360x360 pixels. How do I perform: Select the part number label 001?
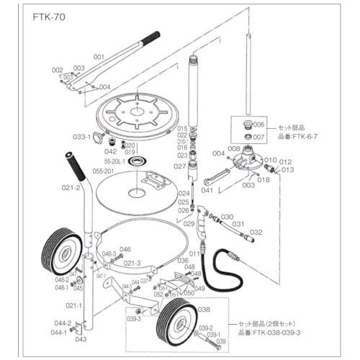point(99,55)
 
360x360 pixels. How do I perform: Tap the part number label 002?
point(58,70)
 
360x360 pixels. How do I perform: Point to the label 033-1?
point(81,136)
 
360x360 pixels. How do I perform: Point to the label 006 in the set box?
point(260,125)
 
